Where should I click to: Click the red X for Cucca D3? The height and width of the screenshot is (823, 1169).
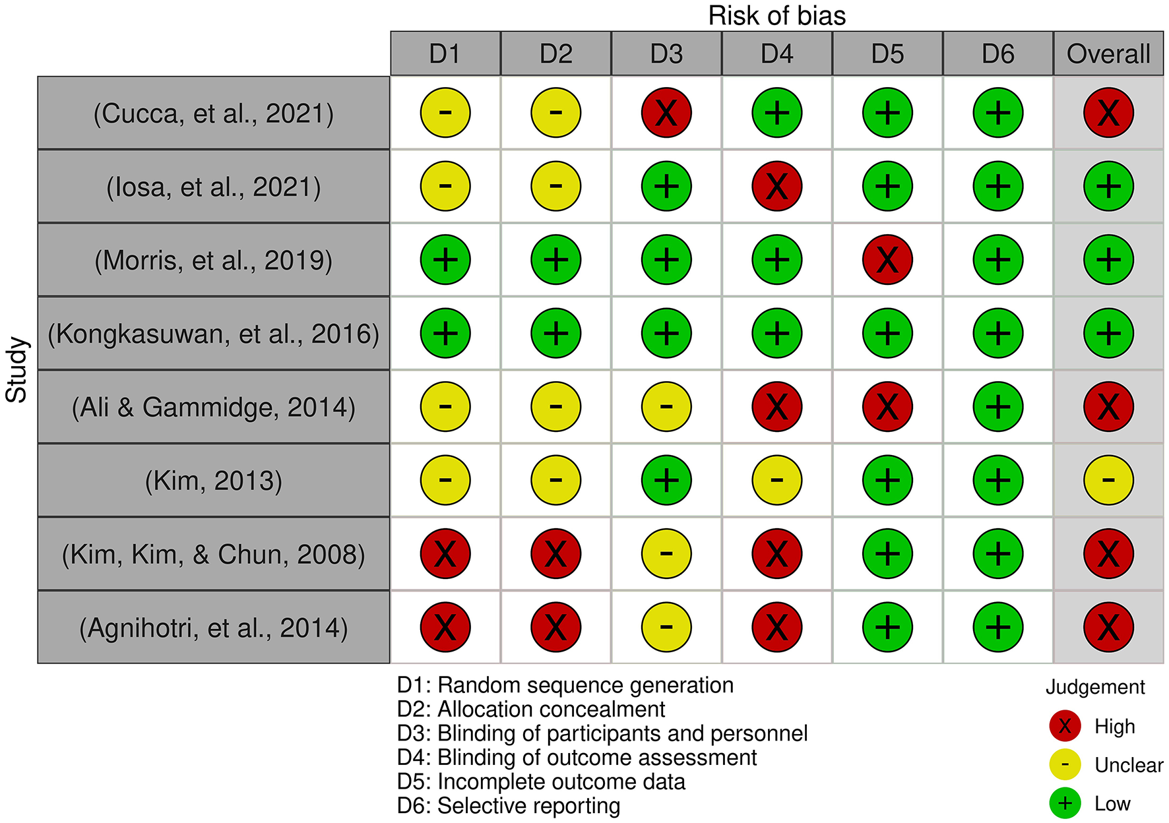click(x=666, y=113)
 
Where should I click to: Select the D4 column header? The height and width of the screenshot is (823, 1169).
click(x=777, y=54)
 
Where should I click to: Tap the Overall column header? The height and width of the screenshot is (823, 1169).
click(x=1108, y=54)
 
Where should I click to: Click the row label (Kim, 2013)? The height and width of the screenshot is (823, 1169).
click(x=214, y=481)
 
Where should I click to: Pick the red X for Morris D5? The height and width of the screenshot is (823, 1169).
click(x=887, y=260)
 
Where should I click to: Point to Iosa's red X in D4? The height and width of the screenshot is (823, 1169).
click(x=777, y=187)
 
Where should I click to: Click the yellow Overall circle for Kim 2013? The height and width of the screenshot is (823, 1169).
click(x=1108, y=480)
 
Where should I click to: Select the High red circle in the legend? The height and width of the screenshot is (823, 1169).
click(x=1065, y=726)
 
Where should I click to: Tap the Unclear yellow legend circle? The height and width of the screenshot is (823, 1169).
click(x=1065, y=765)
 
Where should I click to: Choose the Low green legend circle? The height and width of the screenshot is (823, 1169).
click(x=1065, y=803)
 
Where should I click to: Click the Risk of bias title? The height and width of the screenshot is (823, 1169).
click(x=777, y=16)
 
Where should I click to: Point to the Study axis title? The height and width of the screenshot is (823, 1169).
click(x=16, y=370)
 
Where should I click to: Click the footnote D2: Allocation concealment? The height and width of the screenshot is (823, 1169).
click(x=531, y=710)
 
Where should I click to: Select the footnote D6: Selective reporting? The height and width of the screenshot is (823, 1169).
click(x=509, y=806)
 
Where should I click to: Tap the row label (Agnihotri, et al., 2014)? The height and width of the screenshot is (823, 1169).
click(x=214, y=628)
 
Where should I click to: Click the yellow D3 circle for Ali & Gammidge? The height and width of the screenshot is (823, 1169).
click(x=666, y=407)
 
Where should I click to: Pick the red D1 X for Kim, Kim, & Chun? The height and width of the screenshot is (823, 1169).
click(x=445, y=554)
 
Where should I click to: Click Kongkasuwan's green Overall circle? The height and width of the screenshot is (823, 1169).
click(x=1108, y=333)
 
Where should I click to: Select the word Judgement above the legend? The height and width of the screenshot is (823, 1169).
click(x=1095, y=687)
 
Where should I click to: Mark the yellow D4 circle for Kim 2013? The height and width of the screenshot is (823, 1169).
click(x=777, y=480)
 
